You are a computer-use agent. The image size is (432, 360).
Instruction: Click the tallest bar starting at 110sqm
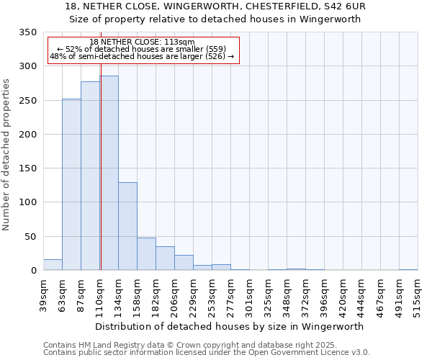coord(109,173)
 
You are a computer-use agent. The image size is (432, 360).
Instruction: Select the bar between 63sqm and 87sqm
coord(71,184)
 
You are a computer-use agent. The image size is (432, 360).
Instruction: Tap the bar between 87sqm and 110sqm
coord(90,176)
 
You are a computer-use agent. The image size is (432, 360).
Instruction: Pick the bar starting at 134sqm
coord(127,226)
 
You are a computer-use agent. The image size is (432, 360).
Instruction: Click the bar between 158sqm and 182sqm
coord(146,253)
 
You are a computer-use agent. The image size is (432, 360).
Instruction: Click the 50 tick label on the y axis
coord(30,236)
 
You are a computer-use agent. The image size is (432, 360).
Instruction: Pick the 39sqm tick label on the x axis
coord(43,295)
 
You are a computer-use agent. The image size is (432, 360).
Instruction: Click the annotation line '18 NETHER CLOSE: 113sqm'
coord(142,42)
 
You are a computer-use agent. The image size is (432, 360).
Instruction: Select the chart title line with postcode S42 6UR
coord(215,6)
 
